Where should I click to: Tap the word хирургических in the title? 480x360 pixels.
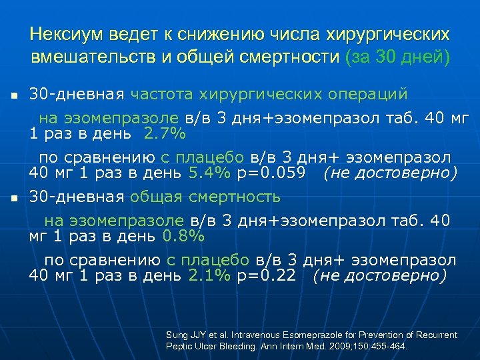pos(387,33)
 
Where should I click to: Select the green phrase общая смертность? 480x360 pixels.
pos(205,197)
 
